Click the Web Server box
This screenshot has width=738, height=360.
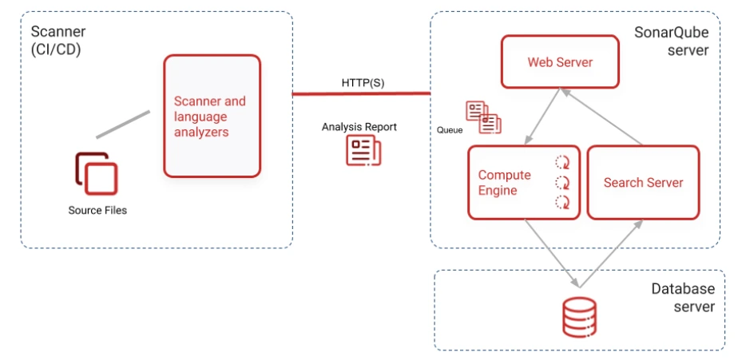coord(560,61)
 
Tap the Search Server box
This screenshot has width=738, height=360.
coord(643,183)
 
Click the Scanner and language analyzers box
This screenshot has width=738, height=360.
coord(212,116)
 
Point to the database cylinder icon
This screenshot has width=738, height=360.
coord(579,316)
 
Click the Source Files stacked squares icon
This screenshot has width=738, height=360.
coord(97,173)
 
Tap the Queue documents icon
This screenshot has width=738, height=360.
coord(483,117)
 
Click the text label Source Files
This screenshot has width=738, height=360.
coord(97,211)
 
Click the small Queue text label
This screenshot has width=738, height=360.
coord(450,129)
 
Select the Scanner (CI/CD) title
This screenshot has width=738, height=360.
coord(58,41)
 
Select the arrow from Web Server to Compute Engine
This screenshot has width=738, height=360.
coord(540,117)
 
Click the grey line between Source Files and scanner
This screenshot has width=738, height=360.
coord(123,125)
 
